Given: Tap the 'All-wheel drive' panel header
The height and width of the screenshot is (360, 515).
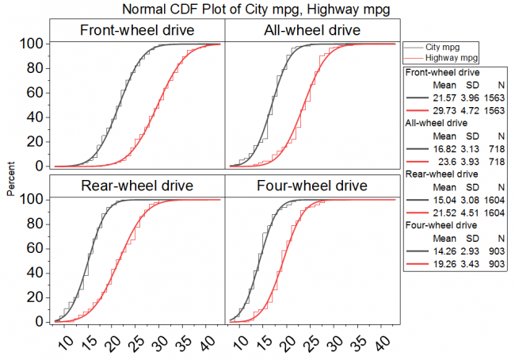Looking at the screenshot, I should point(311,30).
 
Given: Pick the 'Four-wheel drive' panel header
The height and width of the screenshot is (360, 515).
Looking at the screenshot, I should point(311,186).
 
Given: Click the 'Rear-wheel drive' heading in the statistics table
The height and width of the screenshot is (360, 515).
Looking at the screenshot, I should point(440,173).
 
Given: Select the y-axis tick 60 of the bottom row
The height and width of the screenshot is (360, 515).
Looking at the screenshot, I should point(33,248).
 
